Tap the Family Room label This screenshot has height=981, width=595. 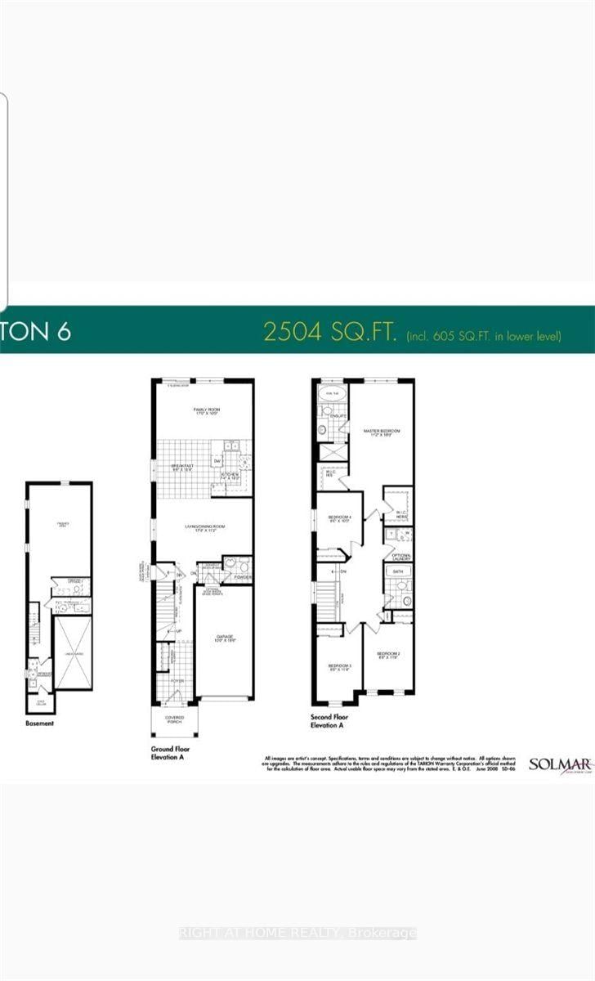(203, 411)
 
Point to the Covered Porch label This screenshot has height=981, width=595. (173, 719)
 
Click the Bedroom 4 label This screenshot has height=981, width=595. (339, 518)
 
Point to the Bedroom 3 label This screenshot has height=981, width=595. (339, 667)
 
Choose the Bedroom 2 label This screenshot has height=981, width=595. (387, 655)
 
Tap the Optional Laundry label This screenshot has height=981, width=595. (400, 557)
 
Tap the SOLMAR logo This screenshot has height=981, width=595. (559, 765)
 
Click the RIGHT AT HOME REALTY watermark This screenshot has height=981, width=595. (297, 933)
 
